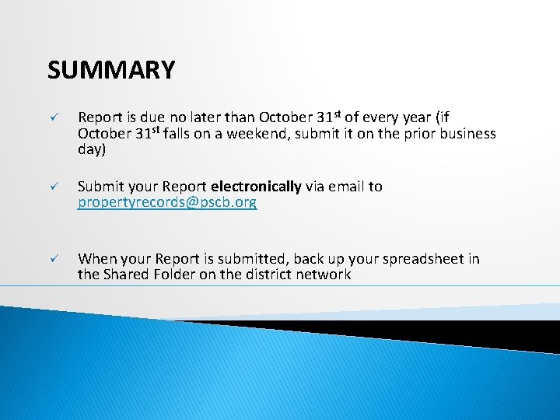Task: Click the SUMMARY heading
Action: [111, 71]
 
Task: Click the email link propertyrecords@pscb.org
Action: [167, 203]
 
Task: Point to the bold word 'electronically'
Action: [256, 187]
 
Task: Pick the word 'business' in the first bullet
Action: [467, 134]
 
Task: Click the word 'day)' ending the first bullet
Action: [91, 149]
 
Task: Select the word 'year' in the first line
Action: [415, 118]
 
